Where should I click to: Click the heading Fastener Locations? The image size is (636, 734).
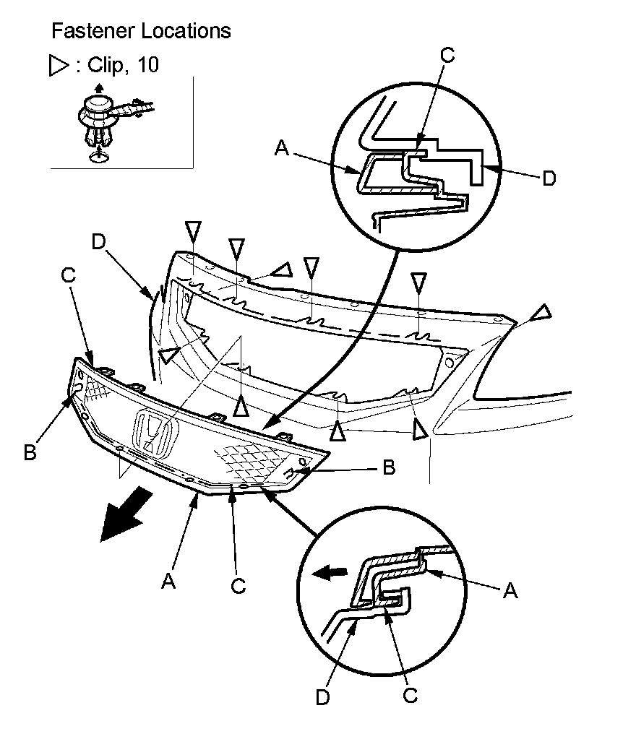141,31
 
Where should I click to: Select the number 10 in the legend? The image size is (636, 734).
147,65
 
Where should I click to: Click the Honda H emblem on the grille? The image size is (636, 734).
152,435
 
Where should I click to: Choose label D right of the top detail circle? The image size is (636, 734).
549,178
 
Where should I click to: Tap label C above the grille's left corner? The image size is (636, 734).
68,275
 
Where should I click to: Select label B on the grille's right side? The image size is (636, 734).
388,468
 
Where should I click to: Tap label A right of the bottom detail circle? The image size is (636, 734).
510,591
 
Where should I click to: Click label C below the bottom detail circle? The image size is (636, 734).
410,696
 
